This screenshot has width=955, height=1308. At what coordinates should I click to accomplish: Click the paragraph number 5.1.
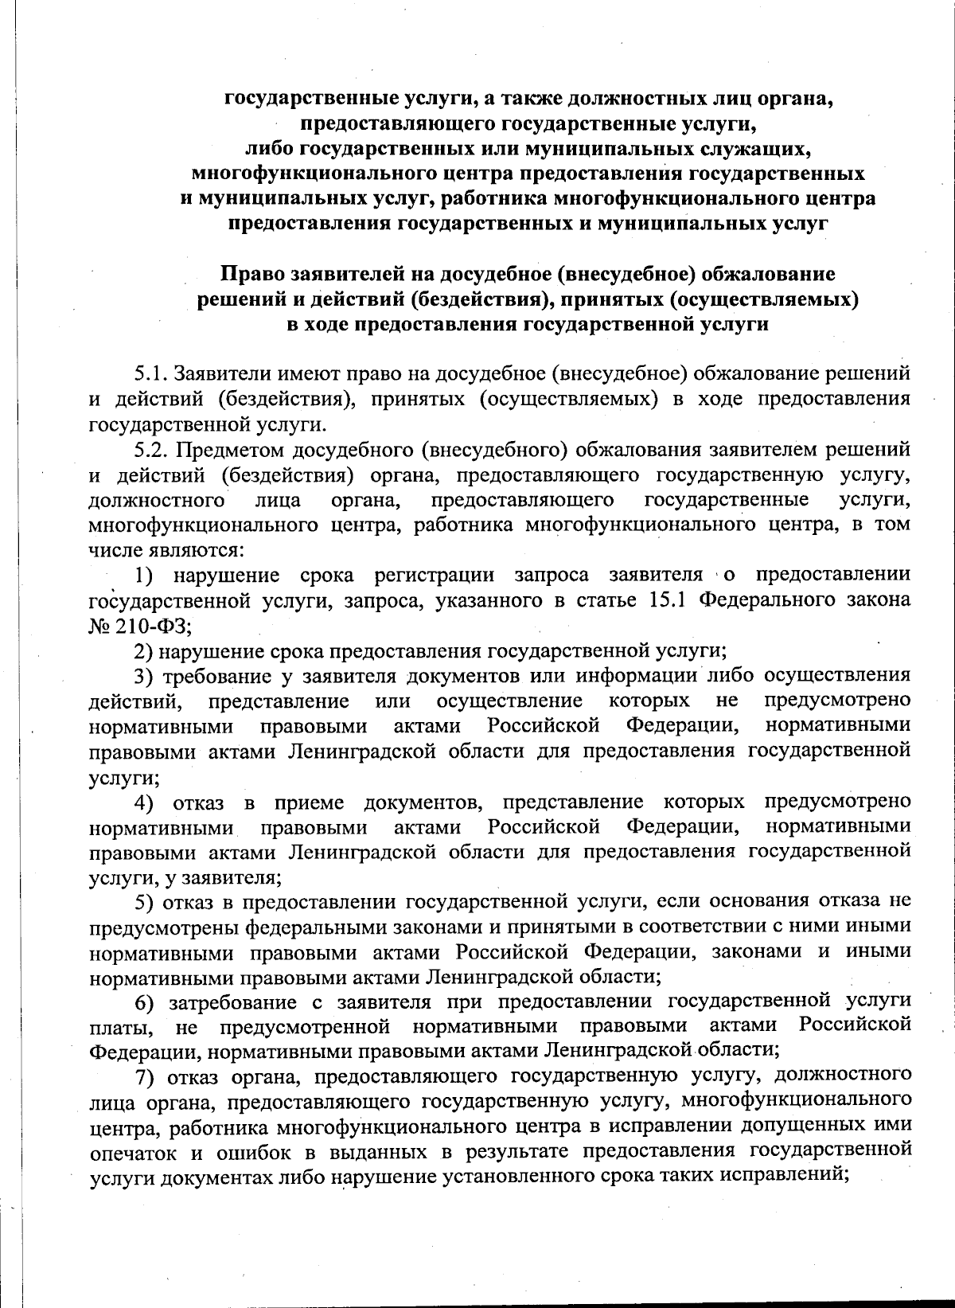point(150,373)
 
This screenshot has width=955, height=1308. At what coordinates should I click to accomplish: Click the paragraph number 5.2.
point(150,450)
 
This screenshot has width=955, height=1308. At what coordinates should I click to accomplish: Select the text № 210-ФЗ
point(139,626)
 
